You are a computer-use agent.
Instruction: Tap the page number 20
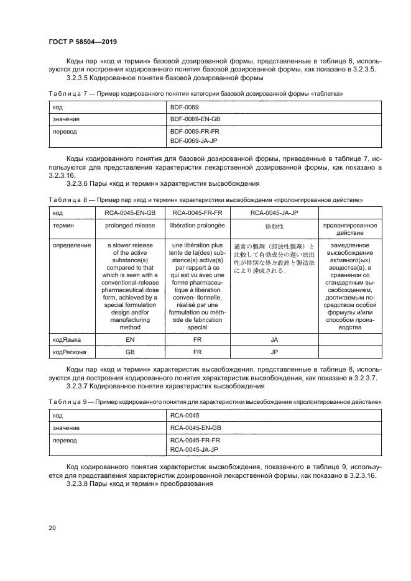52,528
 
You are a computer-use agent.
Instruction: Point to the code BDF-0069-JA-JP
195,141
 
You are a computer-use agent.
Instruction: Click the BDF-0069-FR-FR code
195,132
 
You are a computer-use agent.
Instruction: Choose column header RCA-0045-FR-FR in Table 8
197,213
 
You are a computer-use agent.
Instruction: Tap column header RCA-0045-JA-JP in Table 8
274,213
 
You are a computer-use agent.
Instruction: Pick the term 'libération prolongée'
197,224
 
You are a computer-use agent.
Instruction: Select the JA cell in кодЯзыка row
274,341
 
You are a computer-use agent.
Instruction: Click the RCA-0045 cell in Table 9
182,416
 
